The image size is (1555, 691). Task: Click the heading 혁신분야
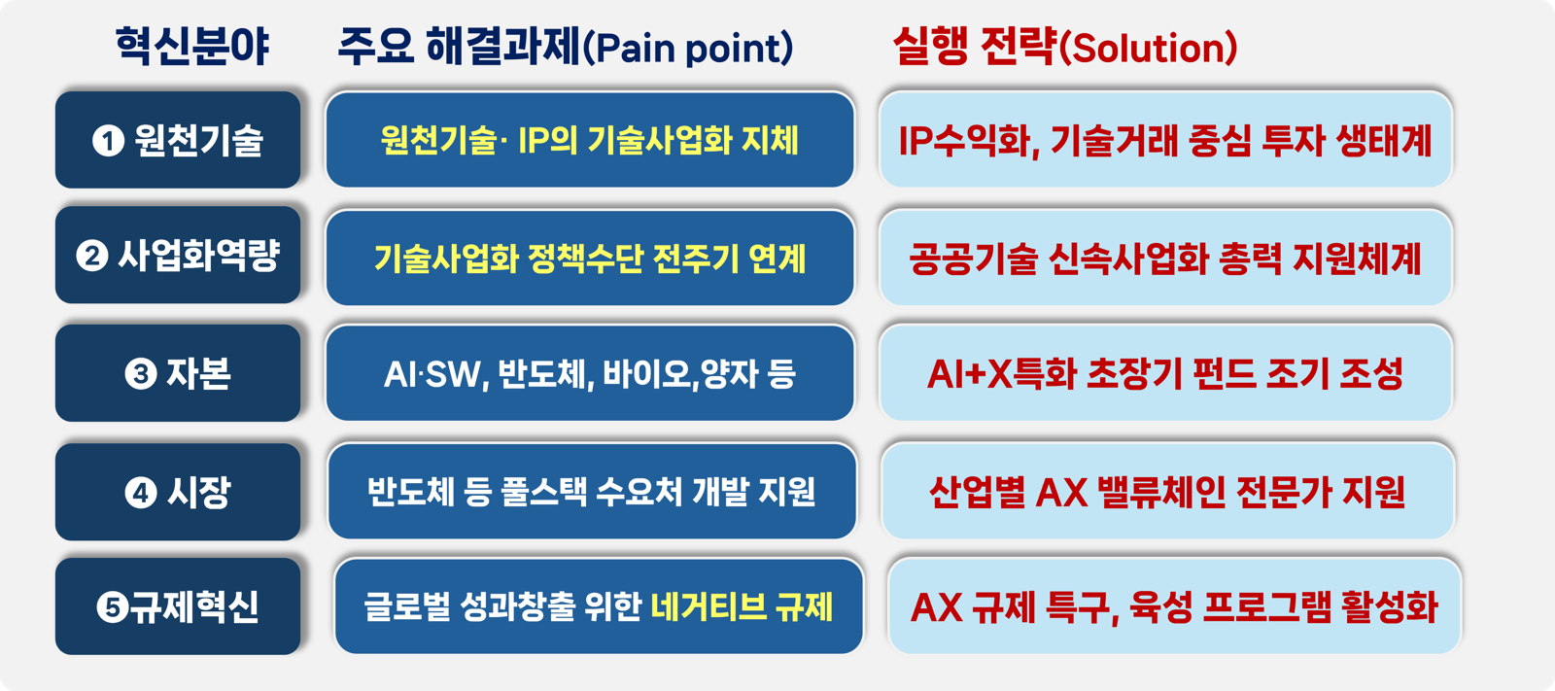point(192,48)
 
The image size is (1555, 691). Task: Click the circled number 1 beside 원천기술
point(108,141)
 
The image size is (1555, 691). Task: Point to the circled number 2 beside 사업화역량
point(92,256)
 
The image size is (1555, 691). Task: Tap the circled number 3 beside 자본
point(141,374)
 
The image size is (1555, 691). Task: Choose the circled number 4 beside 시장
point(141,493)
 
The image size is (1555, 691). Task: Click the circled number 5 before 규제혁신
point(113,607)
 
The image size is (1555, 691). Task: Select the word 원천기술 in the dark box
point(198,140)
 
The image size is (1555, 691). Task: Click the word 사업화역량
point(198,255)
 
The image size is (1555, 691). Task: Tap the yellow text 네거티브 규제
point(742,607)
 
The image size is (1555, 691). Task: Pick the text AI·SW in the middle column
point(432,375)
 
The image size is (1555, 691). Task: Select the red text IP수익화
point(964,141)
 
